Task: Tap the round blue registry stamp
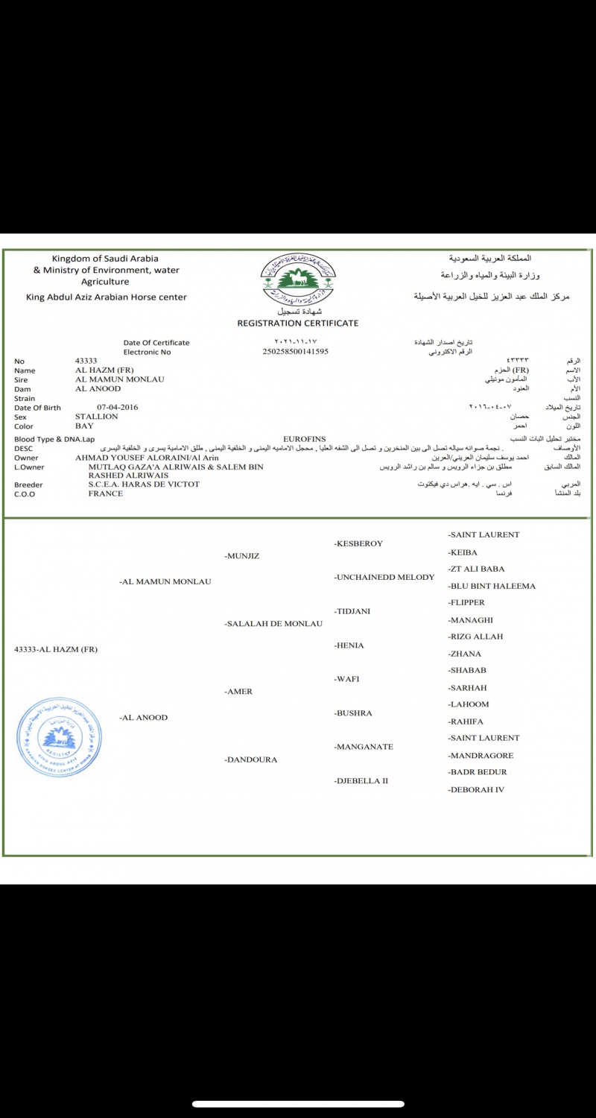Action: pyautogui.click(x=59, y=738)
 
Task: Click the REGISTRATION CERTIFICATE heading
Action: pyautogui.click(x=297, y=323)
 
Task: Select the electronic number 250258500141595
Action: pyautogui.click(x=296, y=351)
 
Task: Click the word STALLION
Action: pyautogui.click(x=97, y=417)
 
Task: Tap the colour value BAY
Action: pyautogui.click(x=84, y=426)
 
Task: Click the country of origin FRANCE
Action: pyautogui.click(x=106, y=493)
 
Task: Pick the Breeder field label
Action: pyautogui.click(x=28, y=484)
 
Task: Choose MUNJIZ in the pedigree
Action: pyautogui.click(x=242, y=556)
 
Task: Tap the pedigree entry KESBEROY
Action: pyautogui.click(x=358, y=543)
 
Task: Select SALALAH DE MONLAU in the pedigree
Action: pyautogui.click(x=273, y=624)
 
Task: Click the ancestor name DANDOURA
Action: pyautogui.click(x=251, y=759)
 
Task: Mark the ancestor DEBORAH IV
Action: pyautogui.click(x=477, y=789)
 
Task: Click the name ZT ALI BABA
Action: pyautogui.click(x=477, y=569)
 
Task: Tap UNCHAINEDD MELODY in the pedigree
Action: pyautogui.click(x=384, y=577)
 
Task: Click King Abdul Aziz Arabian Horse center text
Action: pyautogui.click(x=107, y=297)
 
